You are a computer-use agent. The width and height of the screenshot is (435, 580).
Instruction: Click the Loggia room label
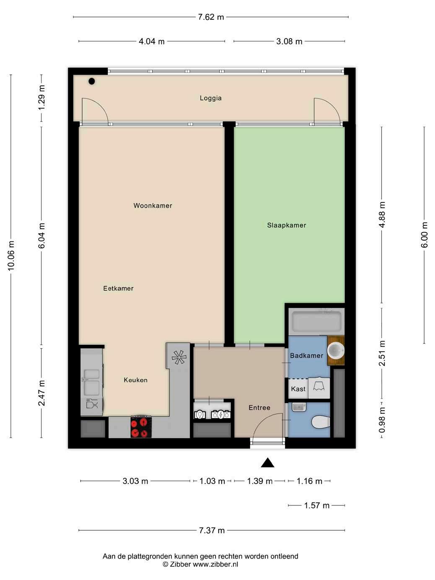point(210,98)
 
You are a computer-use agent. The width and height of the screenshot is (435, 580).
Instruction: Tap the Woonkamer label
point(153,205)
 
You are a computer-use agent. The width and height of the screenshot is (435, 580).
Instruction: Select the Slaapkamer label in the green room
point(287,225)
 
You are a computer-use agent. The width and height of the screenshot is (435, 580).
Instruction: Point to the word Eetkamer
point(118,288)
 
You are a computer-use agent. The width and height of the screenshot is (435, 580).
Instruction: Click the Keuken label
point(135,380)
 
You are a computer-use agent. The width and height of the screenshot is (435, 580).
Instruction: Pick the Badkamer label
point(306,355)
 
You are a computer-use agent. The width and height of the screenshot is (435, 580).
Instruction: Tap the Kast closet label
point(298,389)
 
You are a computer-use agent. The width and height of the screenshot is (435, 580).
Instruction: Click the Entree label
point(259,407)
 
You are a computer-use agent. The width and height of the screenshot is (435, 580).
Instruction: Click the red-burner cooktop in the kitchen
point(141,427)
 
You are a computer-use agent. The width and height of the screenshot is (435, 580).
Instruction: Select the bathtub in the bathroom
point(316,321)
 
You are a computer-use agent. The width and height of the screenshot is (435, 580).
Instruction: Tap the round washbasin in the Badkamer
point(336,351)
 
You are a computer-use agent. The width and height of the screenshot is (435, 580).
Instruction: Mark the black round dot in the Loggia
point(91,81)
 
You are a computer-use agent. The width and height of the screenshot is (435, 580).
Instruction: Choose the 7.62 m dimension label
point(211,17)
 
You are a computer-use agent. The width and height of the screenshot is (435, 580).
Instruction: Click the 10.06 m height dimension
point(11,256)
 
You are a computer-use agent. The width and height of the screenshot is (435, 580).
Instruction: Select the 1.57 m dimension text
point(316,505)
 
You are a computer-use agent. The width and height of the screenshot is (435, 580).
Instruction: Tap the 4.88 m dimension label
point(382,215)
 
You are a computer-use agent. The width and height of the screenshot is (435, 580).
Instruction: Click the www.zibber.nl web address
point(215,564)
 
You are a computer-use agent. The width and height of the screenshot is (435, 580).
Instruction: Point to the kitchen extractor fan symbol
point(179,357)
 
